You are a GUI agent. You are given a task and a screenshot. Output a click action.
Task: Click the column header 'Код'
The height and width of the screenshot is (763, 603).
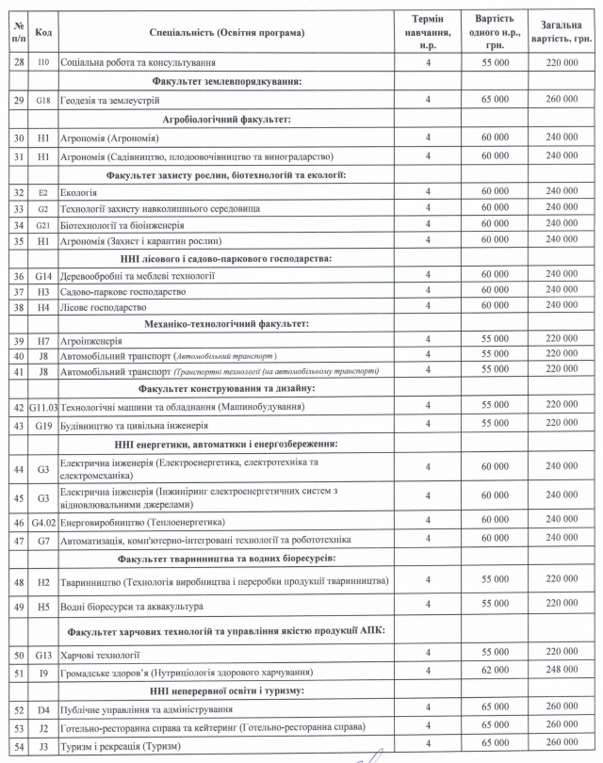pyautogui.click(x=42, y=32)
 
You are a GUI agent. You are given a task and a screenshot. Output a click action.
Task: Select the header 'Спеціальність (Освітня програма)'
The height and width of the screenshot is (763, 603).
pyautogui.click(x=226, y=32)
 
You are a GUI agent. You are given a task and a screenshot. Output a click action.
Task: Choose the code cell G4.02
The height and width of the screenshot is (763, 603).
pyautogui.click(x=42, y=521)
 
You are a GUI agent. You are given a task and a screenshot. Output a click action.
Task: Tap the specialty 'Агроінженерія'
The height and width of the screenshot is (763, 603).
pyautogui.click(x=93, y=339)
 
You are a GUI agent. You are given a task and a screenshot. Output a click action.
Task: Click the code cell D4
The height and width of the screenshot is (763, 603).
pyautogui.click(x=42, y=709)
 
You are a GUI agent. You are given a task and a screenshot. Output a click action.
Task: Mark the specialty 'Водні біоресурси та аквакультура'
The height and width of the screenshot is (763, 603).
pyautogui.click(x=133, y=605)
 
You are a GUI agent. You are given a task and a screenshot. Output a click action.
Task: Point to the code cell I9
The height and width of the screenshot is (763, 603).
pyautogui.click(x=42, y=673)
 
